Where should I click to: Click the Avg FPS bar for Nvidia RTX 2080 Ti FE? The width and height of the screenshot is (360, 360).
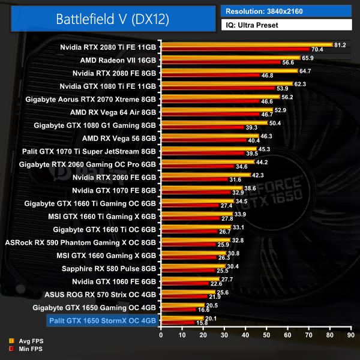coord(246,44)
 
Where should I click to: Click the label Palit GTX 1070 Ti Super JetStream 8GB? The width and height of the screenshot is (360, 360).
coord(89,151)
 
